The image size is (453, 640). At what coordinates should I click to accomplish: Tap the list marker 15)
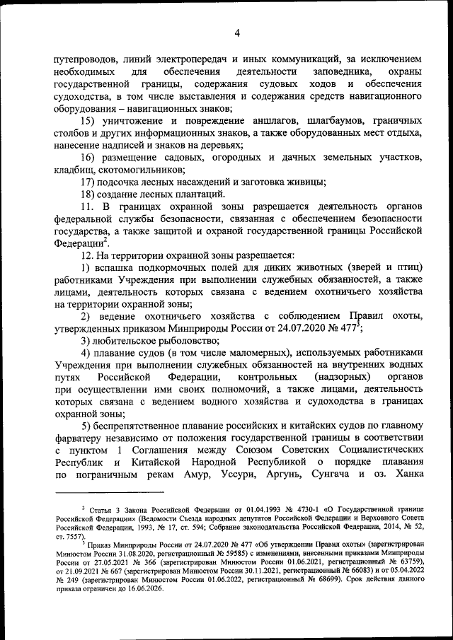click(89, 122)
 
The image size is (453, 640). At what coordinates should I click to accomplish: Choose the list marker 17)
click(89, 182)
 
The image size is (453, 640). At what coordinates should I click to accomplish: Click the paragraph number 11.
click(86, 206)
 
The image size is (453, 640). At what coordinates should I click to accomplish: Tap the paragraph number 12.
click(86, 255)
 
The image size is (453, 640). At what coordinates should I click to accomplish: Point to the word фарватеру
click(81, 438)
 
